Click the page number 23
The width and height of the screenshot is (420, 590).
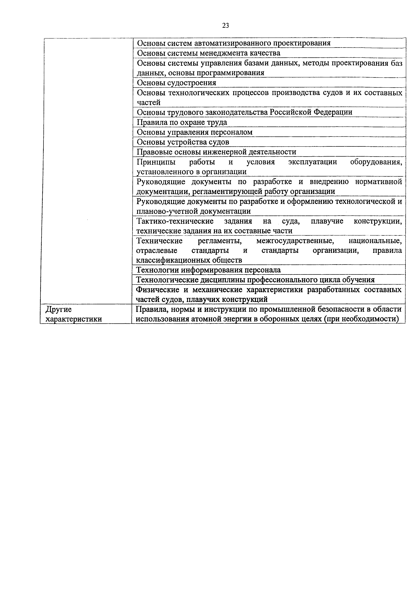(225, 25)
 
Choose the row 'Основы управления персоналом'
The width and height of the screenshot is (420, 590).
(195, 132)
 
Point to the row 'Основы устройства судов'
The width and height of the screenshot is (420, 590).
(183, 142)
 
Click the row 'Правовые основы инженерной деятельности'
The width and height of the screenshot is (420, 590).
(216, 152)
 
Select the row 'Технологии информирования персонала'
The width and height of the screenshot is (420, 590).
(208, 270)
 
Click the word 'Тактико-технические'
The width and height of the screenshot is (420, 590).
(175, 221)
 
